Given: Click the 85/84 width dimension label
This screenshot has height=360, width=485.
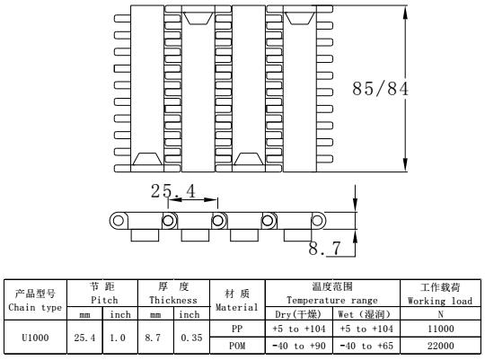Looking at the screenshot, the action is [x=380, y=89].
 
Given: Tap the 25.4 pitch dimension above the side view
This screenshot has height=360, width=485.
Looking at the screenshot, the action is [x=173, y=191].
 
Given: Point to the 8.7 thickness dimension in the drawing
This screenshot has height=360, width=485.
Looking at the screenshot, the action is [x=324, y=248].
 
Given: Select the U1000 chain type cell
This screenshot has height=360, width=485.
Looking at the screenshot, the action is [x=35, y=338].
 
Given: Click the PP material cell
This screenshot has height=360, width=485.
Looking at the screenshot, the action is [x=237, y=329].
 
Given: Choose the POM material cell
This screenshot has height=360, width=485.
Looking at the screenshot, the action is [x=237, y=346].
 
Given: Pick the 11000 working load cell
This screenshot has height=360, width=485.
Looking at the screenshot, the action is [x=440, y=329].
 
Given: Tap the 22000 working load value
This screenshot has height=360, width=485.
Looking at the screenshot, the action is [x=440, y=346].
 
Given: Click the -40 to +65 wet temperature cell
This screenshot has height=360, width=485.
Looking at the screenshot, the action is [x=366, y=346].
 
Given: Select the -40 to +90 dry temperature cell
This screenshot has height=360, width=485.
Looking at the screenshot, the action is [x=299, y=346].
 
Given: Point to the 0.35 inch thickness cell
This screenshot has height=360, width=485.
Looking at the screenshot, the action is [x=191, y=338].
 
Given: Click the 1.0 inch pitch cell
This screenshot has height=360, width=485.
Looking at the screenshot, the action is [x=119, y=338].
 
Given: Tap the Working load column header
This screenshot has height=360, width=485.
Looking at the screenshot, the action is [x=440, y=294].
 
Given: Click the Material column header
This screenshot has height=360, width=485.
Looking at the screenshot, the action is [x=237, y=300].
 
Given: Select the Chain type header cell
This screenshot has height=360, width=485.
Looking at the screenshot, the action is [x=35, y=300].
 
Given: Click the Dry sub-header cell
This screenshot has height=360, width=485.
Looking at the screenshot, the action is [x=299, y=314].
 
